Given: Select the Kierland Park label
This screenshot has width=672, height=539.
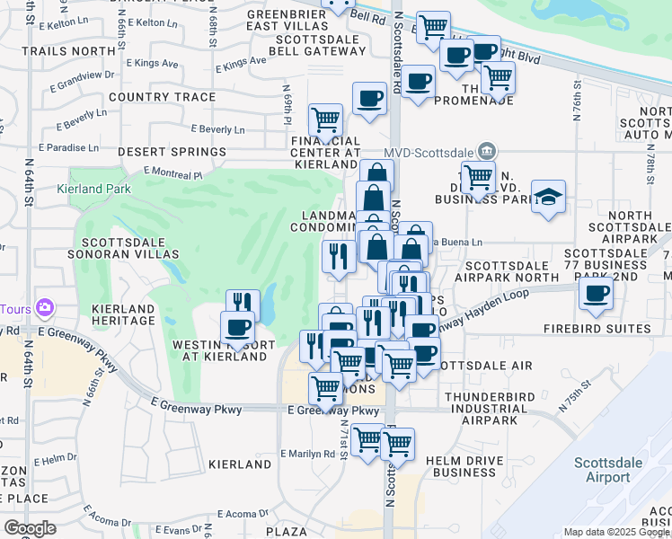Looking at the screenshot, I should [93, 190].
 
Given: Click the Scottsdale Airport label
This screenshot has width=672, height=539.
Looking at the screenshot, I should [607, 470].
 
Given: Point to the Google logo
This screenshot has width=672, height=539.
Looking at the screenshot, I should [30, 528].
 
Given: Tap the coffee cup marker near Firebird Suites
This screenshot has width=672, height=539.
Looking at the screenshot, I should [595, 294].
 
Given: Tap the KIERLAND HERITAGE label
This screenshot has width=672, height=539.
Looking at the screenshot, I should [124, 315].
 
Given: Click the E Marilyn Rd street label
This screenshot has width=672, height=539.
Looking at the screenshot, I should [308, 454].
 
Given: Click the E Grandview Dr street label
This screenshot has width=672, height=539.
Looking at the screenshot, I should [82, 81].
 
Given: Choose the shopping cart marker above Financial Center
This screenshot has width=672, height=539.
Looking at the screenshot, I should [325, 118].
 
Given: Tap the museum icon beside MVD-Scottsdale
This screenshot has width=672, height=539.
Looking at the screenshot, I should [486, 149].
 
